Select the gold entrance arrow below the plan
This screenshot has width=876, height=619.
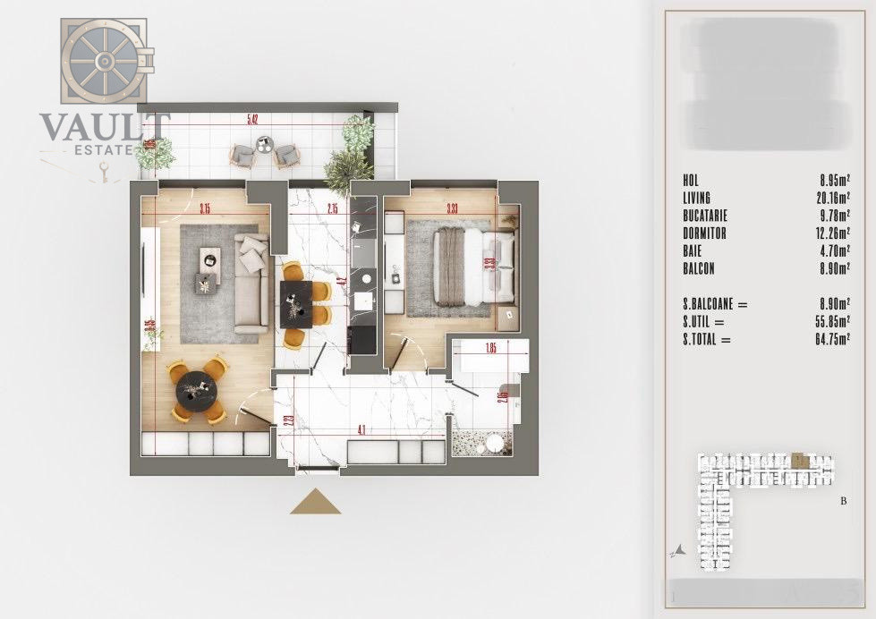(x=315, y=503)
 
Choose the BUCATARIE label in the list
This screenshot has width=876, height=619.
(x=705, y=215)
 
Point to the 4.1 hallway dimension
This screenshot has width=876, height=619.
(x=360, y=430)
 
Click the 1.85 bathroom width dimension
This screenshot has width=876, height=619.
(x=490, y=346)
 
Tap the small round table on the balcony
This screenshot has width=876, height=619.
(x=264, y=142)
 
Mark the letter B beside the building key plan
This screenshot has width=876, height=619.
(x=843, y=501)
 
